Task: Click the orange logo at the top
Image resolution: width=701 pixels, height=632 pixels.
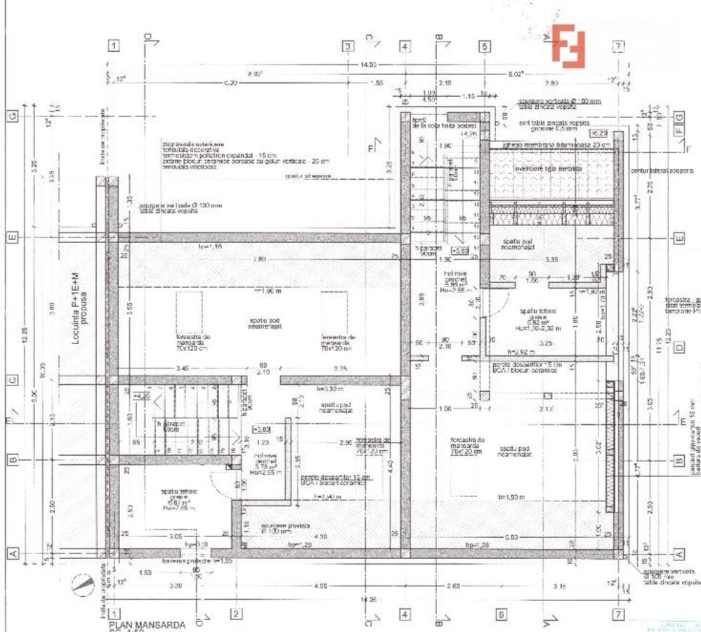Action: tap(568, 46)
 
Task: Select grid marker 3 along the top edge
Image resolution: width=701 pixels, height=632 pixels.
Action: tap(347, 46)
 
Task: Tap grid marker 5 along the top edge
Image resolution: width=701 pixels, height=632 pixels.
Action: tap(485, 46)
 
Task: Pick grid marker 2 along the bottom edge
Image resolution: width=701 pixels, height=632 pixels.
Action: tap(237, 614)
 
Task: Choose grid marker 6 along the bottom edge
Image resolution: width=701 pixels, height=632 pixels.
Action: tap(501, 614)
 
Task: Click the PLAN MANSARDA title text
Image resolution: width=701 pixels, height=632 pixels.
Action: tap(148, 624)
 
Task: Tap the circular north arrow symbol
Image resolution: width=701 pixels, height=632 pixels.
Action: tap(84, 584)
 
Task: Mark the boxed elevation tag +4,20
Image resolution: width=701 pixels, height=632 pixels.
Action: tap(143, 396)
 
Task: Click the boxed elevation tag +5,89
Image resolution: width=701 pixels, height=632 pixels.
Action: tap(460, 250)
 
